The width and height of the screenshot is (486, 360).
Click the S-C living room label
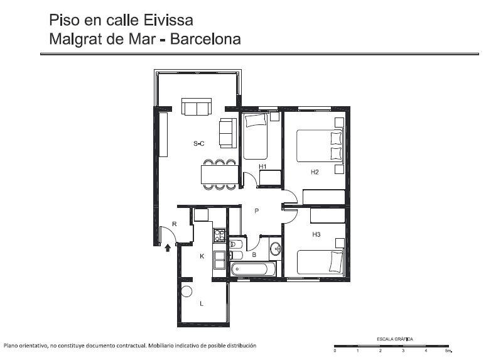click(x=199, y=144)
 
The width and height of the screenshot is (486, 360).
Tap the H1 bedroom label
click(x=262, y=166)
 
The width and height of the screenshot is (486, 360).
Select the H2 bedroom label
click(x=315, y=172)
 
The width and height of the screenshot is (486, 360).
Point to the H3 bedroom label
click(x=316, y=234)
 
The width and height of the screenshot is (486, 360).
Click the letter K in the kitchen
click(x=202, y=256)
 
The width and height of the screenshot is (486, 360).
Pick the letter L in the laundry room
click(x=202, y=303)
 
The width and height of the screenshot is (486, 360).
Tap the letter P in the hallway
click(x=257, y=211)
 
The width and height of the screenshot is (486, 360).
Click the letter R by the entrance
click(x=175, y=224)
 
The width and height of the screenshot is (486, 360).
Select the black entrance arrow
click(x=168, y=248)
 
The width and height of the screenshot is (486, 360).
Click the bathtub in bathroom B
click(x=253, y=269)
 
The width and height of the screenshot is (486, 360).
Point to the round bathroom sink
click(x=275, y=249)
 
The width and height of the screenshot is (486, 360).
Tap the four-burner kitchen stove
click(x=219, y=236)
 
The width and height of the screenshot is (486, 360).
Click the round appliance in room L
click(x=186, y=291)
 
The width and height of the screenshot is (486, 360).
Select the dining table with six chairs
click(x=220, y=175)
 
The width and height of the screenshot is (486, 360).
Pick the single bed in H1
click(x=256, y=136)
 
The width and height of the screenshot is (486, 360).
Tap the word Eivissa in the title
click(x=168, y=20)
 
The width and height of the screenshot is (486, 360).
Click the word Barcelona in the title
click(x=205, y=39)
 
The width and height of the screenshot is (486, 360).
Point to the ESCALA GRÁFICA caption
click(x=395, y=339)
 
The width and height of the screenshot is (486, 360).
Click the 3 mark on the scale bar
click(x=403, y=351)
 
